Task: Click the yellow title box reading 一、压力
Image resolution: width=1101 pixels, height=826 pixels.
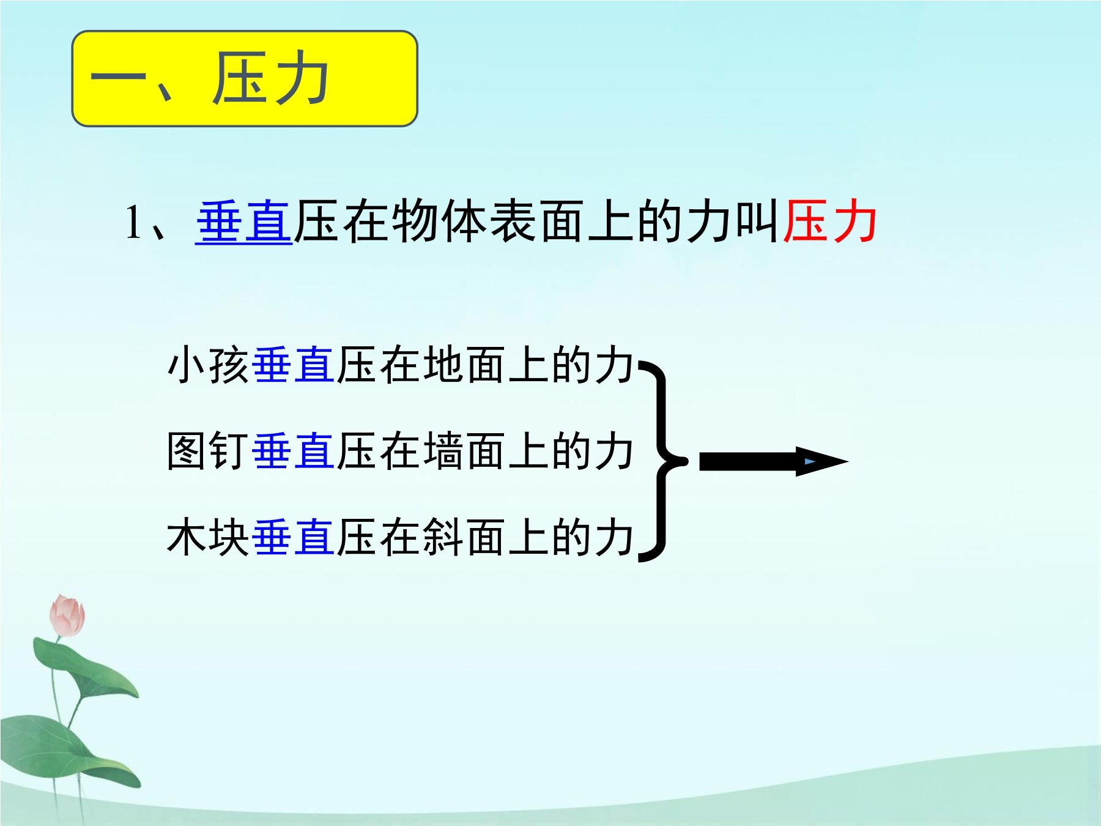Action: (x=245, y=79)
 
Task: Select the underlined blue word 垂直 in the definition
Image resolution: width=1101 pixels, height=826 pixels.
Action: (x=244, y=222)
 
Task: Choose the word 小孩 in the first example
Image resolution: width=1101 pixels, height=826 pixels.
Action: (x=209, y=365)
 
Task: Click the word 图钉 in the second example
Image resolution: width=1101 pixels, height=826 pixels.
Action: (x=209, y=452)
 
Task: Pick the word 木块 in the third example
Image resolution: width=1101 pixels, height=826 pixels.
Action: (x=209, y=538)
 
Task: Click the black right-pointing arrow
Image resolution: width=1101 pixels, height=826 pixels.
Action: (x=774, y=461)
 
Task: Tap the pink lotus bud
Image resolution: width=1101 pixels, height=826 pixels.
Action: (x=67, y=616)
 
